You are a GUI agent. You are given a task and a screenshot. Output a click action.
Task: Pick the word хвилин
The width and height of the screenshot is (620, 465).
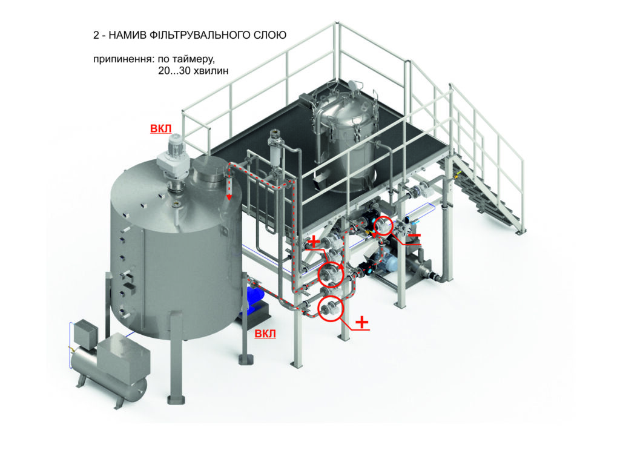tap(209, 71)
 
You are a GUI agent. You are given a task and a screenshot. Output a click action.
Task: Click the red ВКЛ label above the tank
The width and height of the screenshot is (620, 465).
tap(161, 129)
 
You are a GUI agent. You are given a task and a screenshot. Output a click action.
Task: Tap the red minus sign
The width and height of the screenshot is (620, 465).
tap(414, 236)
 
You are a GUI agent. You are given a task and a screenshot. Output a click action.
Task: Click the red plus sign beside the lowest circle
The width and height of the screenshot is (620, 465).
tap(362, 322)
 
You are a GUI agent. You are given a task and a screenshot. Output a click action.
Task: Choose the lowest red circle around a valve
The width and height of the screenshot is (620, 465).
tap(330, 308)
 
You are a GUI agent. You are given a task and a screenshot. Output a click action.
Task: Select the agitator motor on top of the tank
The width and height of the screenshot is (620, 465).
tap(174, 153)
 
